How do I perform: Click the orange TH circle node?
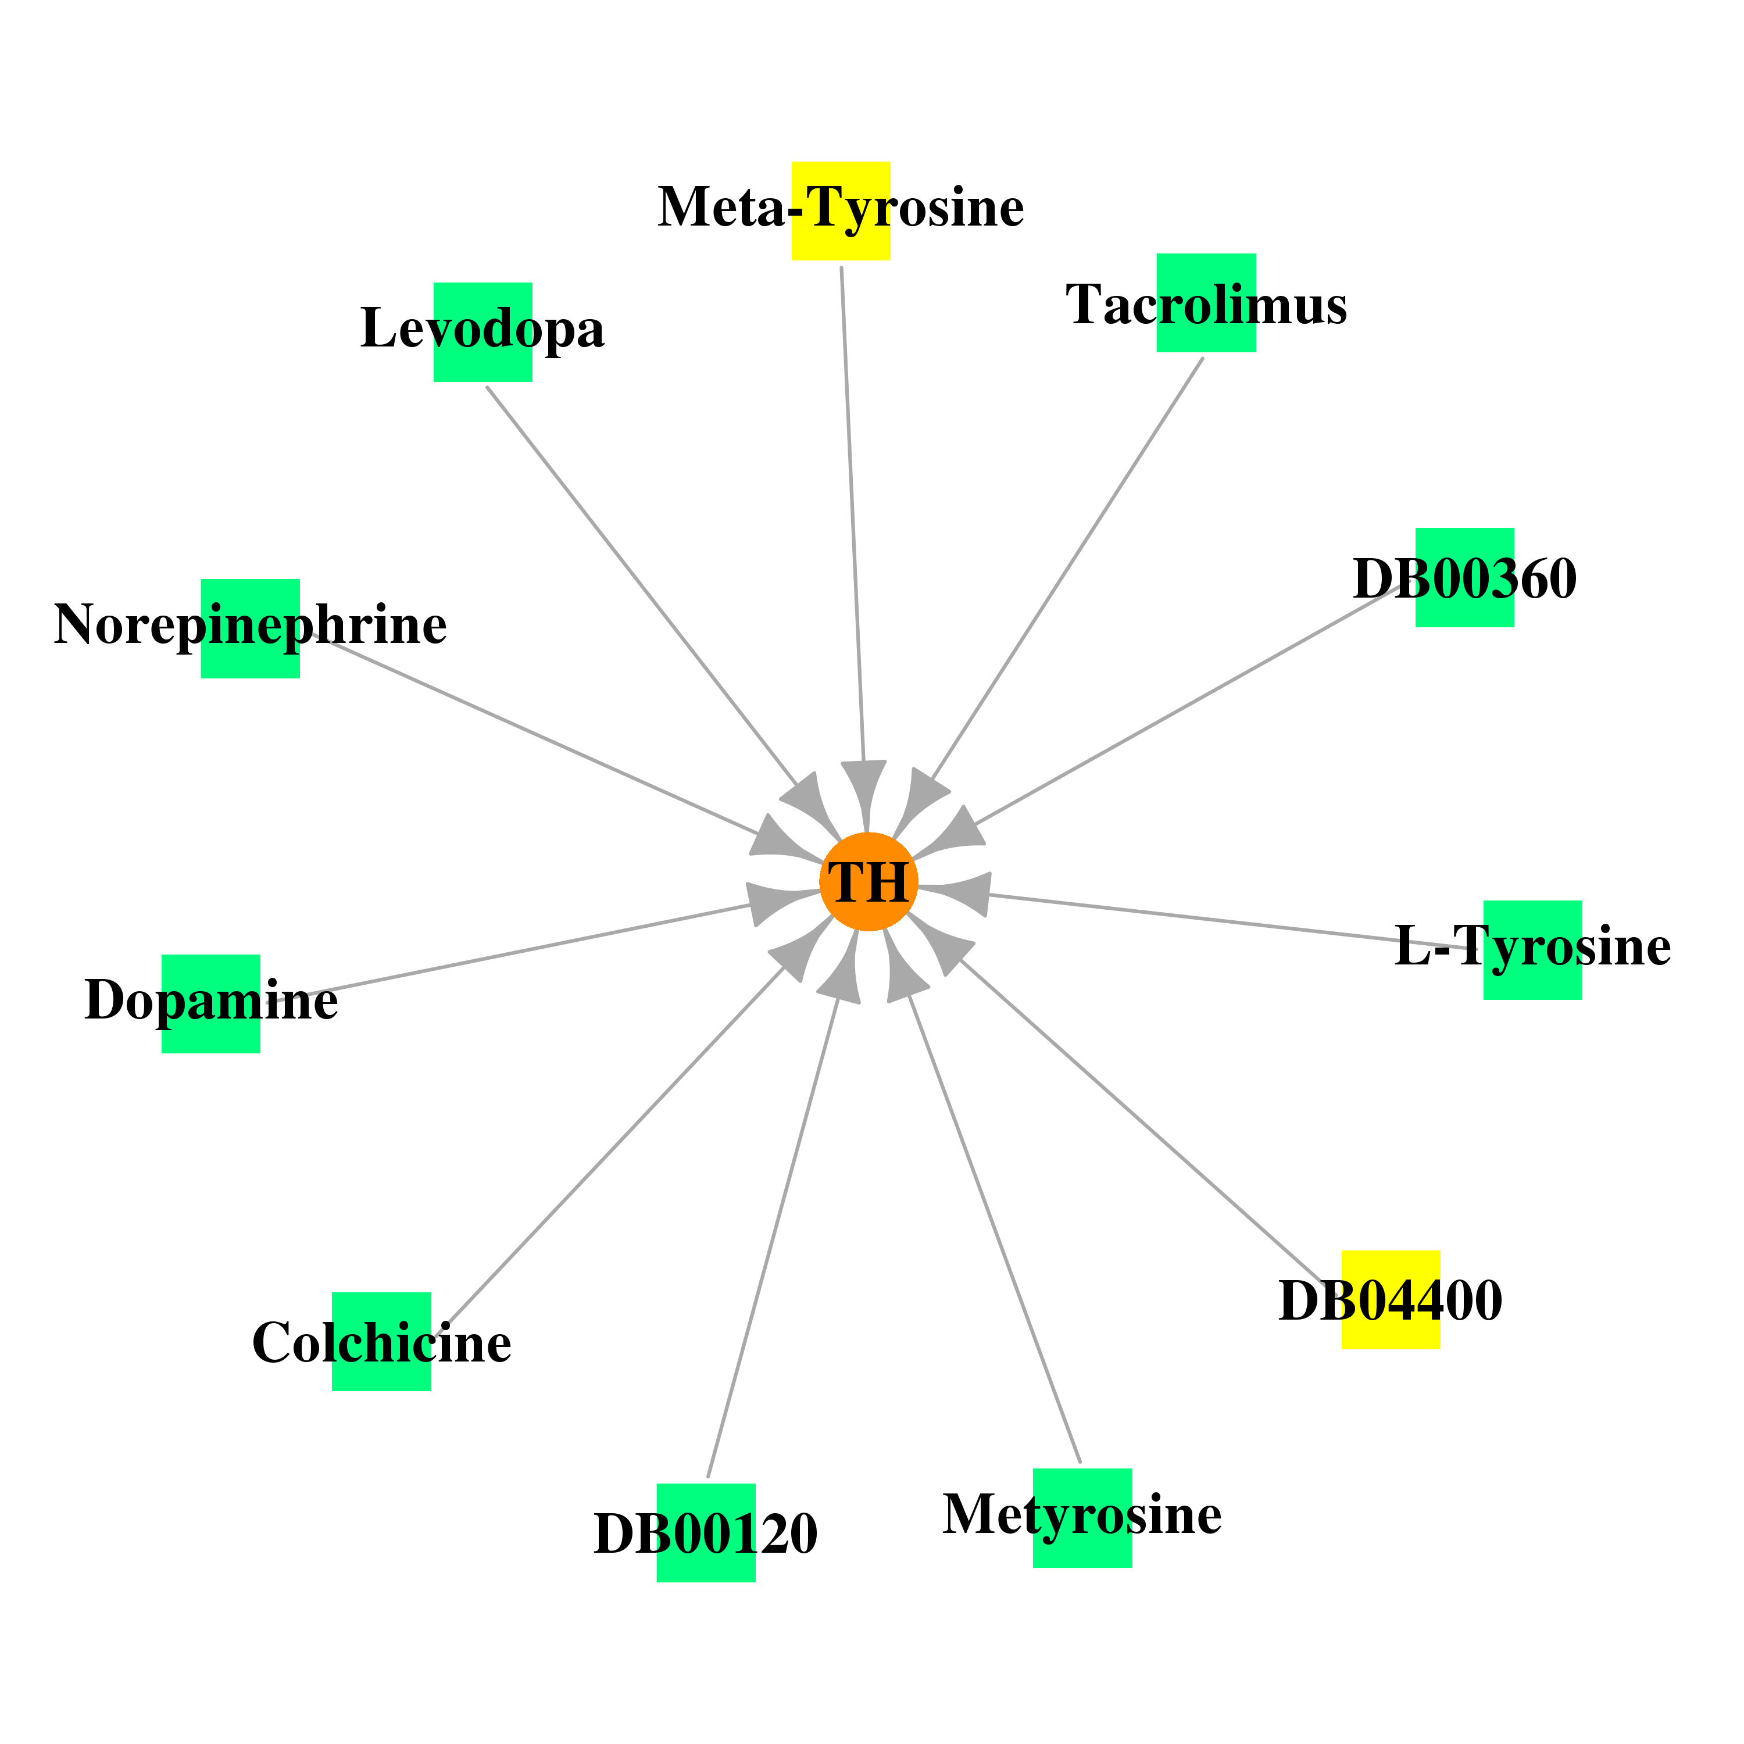point(869,882)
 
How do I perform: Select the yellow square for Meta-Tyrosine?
point(841,211)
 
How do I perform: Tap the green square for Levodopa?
point(483,332)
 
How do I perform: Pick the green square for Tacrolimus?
point(1206,302)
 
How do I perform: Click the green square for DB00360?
point(1464,578)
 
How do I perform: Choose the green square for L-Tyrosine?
point(1533,950)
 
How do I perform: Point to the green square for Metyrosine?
point(1082,1518)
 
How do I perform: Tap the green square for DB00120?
point(706,1533)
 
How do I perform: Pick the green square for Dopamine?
point(211,1004)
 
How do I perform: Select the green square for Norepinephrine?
point(250,628)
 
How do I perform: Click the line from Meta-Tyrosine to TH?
point(853,514)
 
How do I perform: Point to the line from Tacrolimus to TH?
point(1067,569)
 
